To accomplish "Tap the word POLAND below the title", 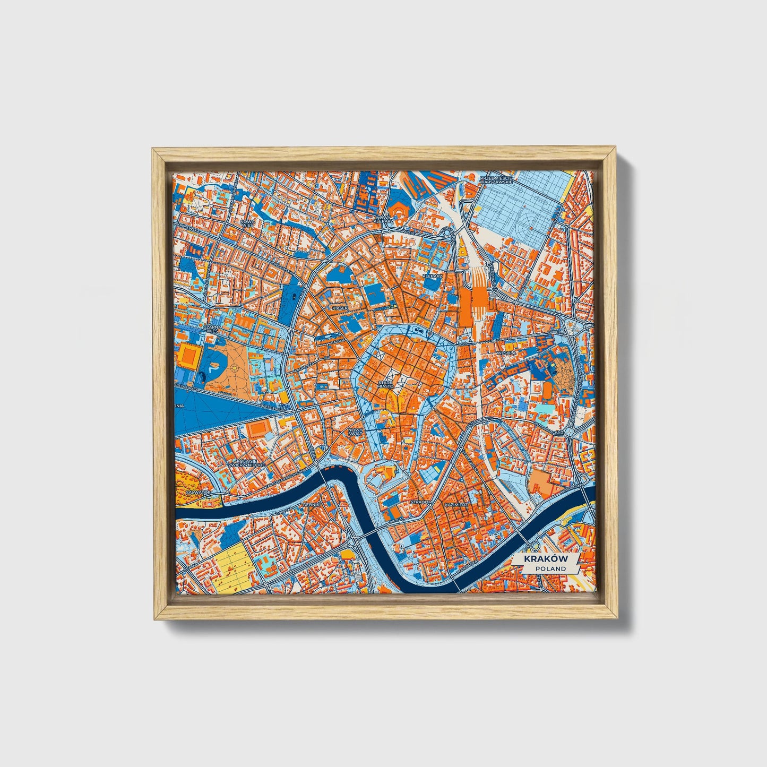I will (550, 569).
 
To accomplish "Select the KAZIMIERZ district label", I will (456, 502).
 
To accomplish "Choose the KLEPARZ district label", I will (432, 277).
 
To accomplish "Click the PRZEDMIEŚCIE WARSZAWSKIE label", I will (495, 179).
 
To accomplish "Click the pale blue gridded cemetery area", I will (518, 207).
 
